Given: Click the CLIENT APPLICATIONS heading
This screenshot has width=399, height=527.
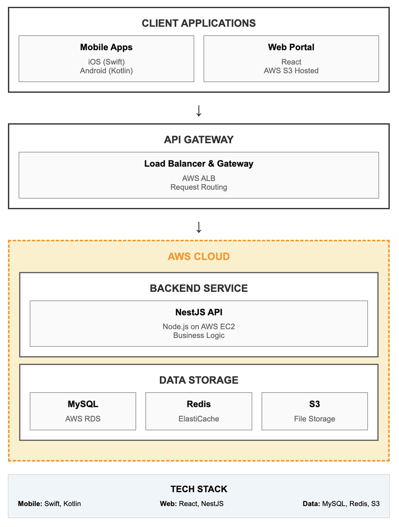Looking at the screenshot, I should tap(199, 23).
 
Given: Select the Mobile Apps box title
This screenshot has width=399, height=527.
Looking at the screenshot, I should tap(106, 47).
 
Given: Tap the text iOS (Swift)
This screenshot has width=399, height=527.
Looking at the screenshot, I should tap(106, 62).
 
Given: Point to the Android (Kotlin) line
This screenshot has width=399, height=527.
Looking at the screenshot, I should tap(106, 71).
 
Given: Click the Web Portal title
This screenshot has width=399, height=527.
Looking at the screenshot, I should tap(291, 47).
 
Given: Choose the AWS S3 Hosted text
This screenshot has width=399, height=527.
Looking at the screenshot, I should tap(291, 71).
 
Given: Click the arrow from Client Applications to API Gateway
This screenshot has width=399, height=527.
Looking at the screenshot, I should tap(199, 111).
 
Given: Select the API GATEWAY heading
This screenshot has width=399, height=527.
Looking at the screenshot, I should tap(199, 140).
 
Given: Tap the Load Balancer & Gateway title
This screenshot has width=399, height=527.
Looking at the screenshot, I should tap(199, 164).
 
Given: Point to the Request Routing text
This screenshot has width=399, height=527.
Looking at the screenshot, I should tap(199, 187).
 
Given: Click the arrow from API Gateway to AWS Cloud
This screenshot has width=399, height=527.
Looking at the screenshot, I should tap(199, 227).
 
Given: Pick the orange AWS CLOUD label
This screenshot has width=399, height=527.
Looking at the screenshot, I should tap(199, 257).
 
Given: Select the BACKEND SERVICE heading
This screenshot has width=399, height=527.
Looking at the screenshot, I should tap(199, 288).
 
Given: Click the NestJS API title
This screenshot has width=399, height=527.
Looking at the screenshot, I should tap(199, 312).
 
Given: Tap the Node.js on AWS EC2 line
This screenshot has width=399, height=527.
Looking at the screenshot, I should tap(199, 326).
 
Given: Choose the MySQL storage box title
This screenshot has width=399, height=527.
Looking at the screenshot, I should tap(83, 404).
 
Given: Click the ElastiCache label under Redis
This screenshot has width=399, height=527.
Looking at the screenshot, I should tap(199, 419).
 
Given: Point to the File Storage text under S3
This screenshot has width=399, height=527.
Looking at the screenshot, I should tap(314, 419).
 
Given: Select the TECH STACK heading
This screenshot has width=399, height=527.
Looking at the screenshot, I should tap(199, 489).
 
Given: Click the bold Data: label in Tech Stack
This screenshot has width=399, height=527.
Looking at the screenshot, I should tap(311, 504).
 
